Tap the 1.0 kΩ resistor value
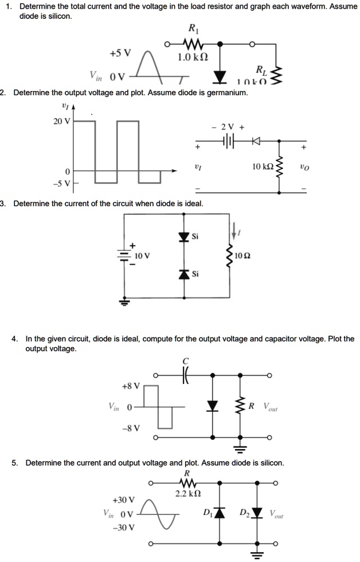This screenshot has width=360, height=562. pyautogui.click(x=193, y=57)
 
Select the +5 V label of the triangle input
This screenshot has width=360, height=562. pyautogui.click(x=120, y=53)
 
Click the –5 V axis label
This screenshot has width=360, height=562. pyautogui.click(x=61, y=183)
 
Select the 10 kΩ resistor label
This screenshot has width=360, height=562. pyautogui.click(x=263, y=167)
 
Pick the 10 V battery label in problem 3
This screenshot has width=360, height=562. pyautogui.click(x=143, y=254)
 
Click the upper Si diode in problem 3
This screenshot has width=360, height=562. pyautogui.click(x=183, y=237)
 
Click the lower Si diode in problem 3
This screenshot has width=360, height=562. pyautogui.click(x=183, y=274)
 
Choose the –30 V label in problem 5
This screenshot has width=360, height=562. pyautogui.click(x=124, y=527)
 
